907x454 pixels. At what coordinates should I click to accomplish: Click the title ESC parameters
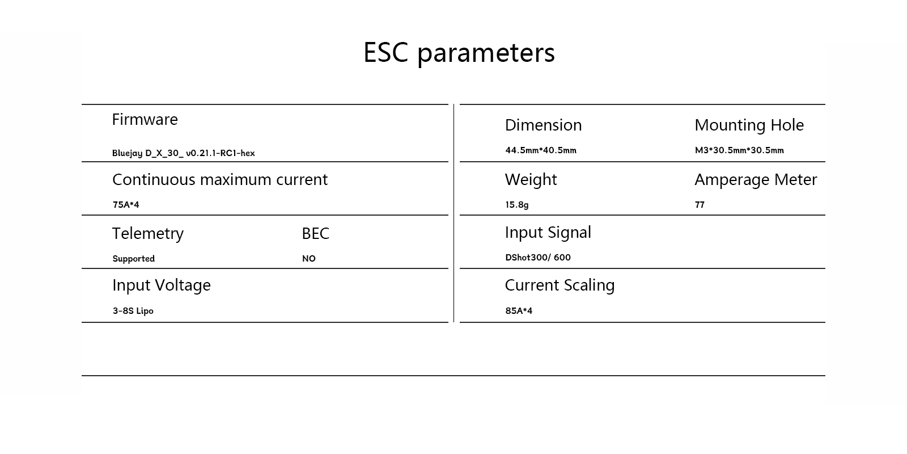tap(459, 53)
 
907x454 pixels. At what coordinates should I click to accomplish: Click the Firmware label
tap(145, 119)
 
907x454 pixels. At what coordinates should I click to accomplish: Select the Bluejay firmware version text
tap(183, 153)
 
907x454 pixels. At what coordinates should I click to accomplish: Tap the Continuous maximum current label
tap(219, 179)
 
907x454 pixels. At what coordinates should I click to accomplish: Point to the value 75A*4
tap(125, 205)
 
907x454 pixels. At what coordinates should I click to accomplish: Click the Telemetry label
tap(147, 233)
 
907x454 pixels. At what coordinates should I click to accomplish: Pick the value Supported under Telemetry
tap(133, 259)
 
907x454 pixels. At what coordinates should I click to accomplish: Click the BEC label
tap(315, 233)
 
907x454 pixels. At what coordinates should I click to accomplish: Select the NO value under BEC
tap(308, 259)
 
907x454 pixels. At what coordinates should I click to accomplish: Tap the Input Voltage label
tap(161, 285)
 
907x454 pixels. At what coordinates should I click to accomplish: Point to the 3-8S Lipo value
tap(133, 311)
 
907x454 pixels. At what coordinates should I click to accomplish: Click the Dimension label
tap(543, 125)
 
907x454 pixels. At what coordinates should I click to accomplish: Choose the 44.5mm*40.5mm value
tap(540, 150)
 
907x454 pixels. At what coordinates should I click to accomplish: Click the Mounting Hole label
tap(749, 125)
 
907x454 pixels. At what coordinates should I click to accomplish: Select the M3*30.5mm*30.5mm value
tap(739, 150)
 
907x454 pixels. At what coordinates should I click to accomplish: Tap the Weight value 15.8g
tap(516, 205)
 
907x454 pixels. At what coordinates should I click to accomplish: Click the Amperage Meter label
tap(756, 179)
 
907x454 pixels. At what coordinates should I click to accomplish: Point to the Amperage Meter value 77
tap(700, 205)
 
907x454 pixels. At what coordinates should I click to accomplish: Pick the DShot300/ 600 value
tap(537, 258)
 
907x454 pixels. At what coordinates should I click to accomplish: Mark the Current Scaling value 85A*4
tap(518, 311)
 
